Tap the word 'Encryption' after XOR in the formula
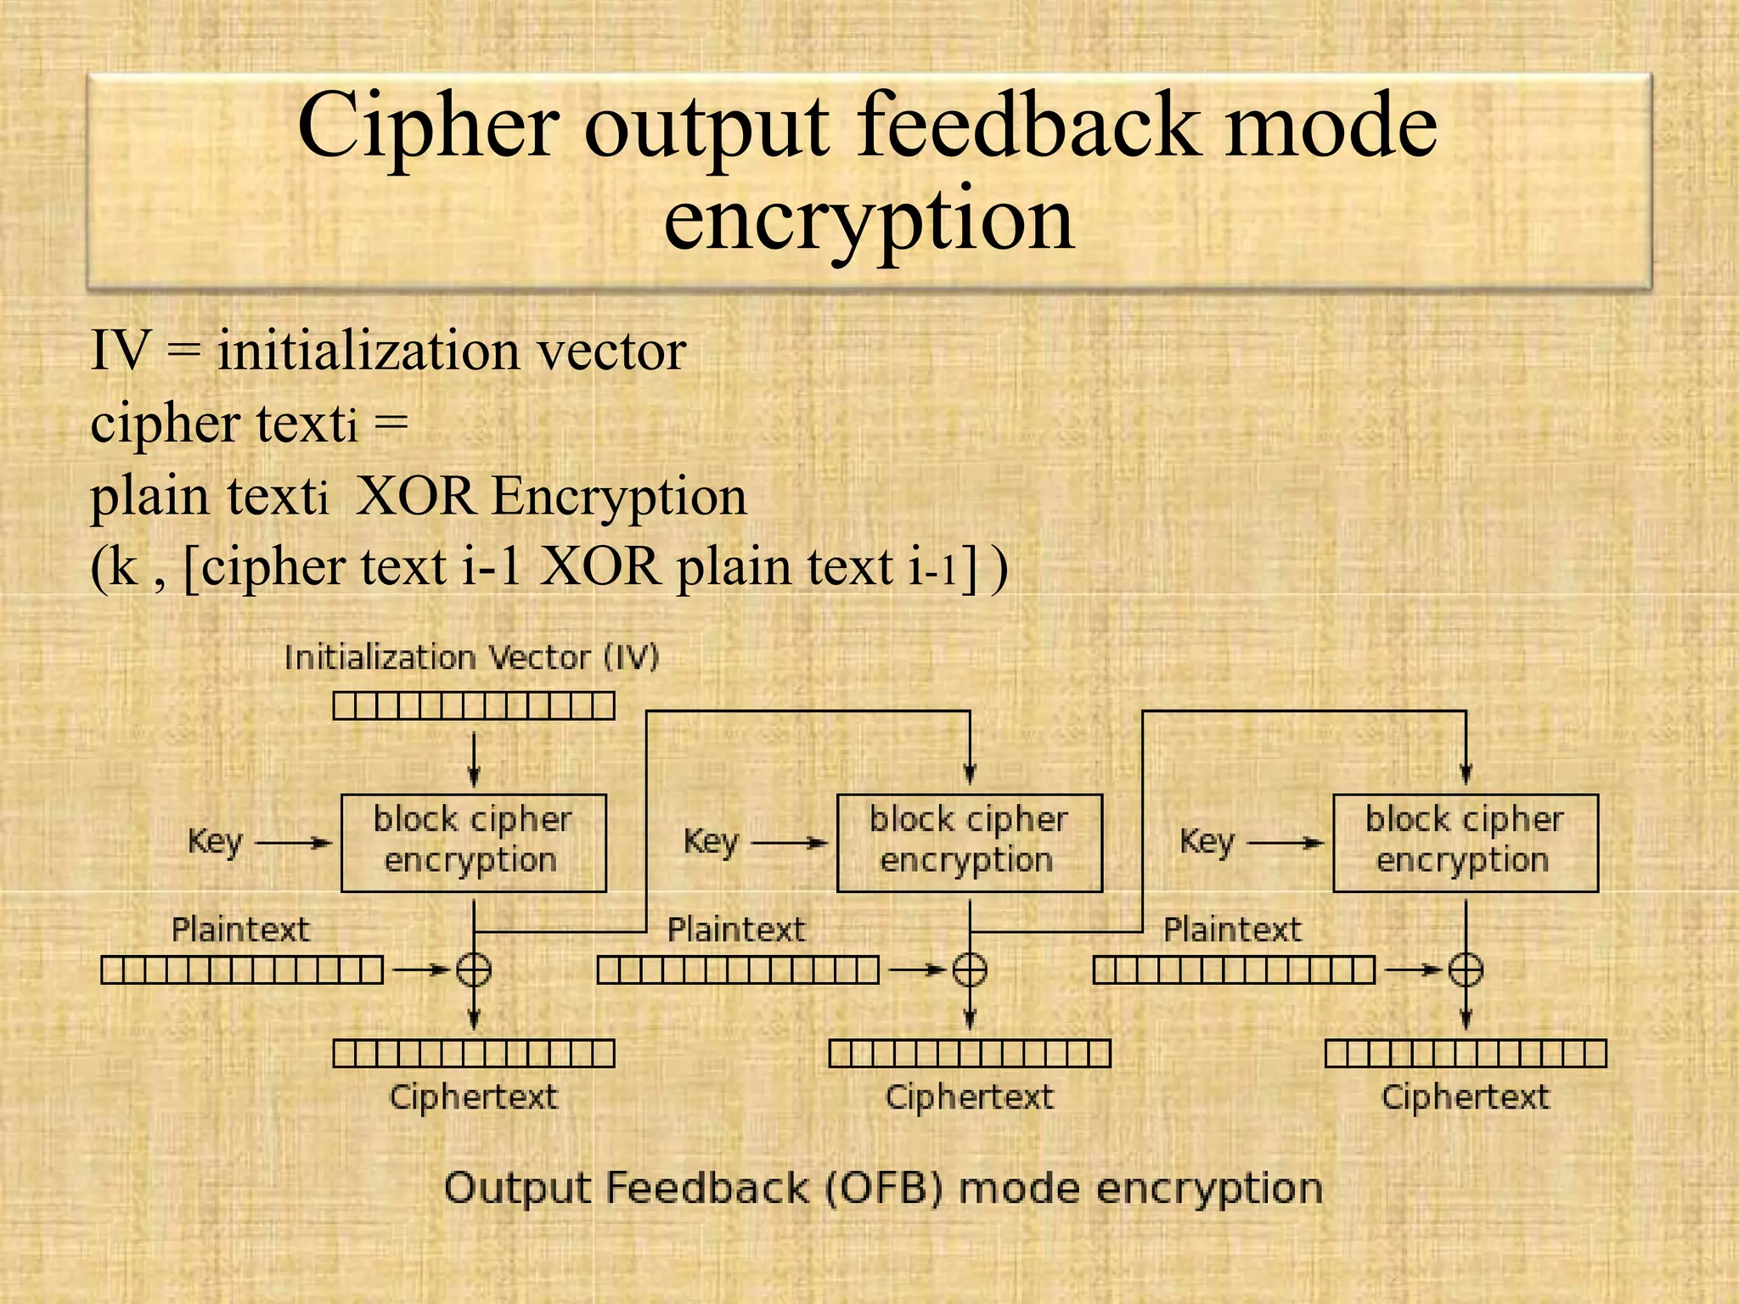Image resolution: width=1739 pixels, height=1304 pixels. click(619, 496)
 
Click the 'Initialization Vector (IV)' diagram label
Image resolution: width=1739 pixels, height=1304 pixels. click(471, 658)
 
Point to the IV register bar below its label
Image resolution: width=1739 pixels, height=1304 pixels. click(474, 705)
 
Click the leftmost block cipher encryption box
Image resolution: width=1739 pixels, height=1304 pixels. click(474, 843)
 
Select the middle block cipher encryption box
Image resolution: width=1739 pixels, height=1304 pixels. click(969, 843)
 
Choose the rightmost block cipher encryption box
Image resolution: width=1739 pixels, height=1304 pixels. click(1465, 843)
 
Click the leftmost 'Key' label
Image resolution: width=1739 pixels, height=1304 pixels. click(215, 842)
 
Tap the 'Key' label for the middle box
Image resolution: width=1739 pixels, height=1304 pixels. click(711, 842)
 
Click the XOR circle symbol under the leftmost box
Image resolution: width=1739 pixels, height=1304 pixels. click(474, 969)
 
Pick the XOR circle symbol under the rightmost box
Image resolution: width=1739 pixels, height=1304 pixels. click(1466, 969)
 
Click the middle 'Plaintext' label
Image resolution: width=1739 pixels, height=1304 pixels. click(735, 930)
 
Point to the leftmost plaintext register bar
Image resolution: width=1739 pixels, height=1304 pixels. click(242, 970)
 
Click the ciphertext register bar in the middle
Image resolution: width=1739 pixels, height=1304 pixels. click(969, 1054)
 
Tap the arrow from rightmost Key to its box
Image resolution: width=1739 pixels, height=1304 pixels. click(1285, 843)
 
